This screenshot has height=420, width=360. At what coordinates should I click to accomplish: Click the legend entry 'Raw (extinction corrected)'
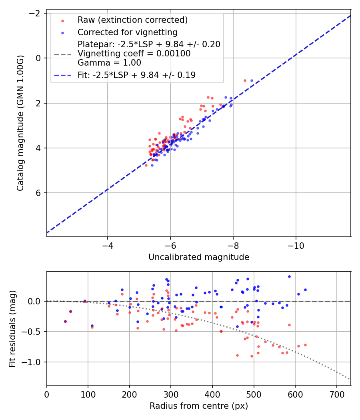click(132, 20)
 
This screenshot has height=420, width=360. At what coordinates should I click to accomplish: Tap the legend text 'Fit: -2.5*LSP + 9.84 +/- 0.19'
click(136, 75)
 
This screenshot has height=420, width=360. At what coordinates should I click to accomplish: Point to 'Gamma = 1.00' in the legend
click(109, 63)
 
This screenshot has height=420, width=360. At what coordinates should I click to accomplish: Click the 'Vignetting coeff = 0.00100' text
click(134, 54)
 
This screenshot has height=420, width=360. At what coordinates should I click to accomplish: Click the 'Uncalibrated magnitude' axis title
click(199, 257)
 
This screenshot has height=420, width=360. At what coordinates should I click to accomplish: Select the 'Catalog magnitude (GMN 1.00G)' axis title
click(21, 123)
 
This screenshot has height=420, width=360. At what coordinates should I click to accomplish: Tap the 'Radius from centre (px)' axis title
click(199, 406)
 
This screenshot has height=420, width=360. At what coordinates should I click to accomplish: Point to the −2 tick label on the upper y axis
click(36, 13)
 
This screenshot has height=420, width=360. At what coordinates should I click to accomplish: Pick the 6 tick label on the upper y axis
click(39, 193)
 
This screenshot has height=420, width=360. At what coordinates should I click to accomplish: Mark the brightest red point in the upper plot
click(245, 80)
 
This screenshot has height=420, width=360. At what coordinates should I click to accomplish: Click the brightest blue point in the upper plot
click(252, 80)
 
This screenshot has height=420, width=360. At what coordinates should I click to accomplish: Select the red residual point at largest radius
click(305, 345)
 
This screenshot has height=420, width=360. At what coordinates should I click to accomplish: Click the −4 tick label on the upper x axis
click(107, 244)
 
